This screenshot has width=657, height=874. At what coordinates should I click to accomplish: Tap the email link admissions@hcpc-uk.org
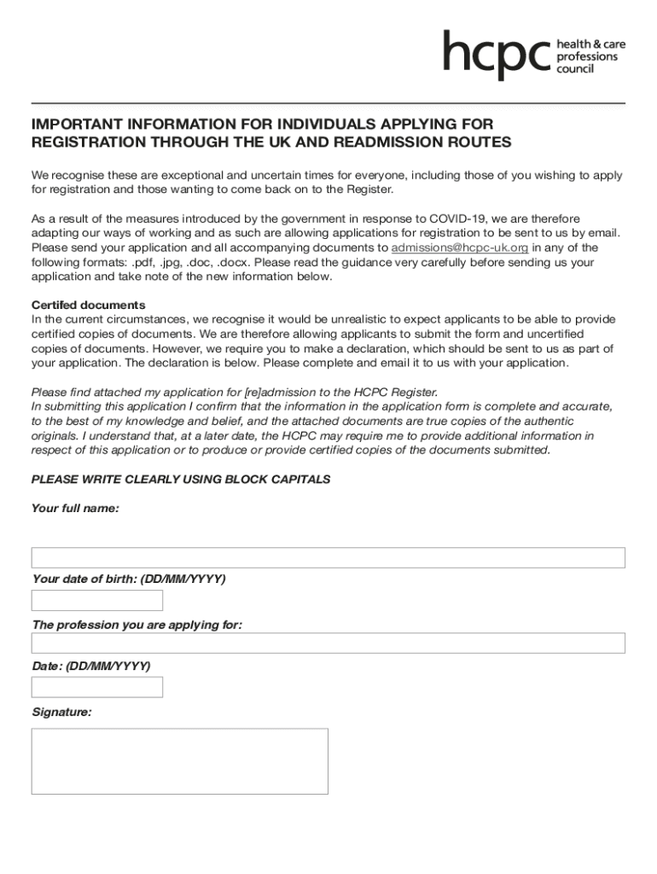click(x=459, y=248)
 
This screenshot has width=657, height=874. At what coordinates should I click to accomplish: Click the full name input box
click(x=328, y=557)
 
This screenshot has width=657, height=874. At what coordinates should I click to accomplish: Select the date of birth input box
click(x=96, y=600)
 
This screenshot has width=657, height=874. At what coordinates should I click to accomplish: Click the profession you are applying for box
click(x=328, y=643)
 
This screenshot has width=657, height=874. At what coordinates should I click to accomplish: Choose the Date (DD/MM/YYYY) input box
click(x=96, y=687)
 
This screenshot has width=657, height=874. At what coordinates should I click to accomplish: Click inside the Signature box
click(x=179, y=761)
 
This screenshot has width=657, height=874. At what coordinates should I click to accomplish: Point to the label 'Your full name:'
click(x=75, y=509)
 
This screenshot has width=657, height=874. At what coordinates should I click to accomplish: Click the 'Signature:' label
click(x=61, y=712)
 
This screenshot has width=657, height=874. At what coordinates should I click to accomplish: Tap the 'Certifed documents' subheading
click(x=88, y=305)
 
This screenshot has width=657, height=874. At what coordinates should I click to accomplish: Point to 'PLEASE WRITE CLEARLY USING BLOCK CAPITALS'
click(x=180, y=480)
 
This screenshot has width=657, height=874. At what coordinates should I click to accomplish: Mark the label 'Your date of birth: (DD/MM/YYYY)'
click(x=128, y=580)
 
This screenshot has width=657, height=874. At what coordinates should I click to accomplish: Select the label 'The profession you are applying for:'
click(x=137, y=625)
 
